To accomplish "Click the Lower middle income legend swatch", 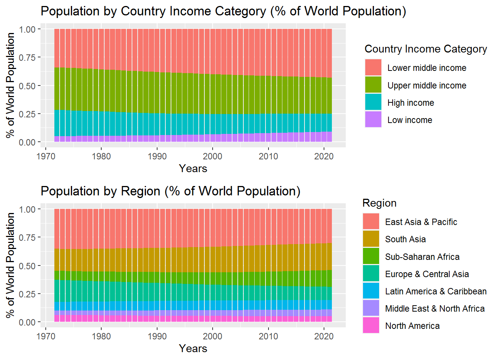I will click(x=373, y=67).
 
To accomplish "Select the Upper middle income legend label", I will click(x=427, y=85).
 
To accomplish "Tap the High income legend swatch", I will click(x=373, y=102).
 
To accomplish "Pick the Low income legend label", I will click(x=409, y=120).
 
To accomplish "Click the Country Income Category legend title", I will click(x=426, y=49).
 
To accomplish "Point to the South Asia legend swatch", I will click(x=371, y=239).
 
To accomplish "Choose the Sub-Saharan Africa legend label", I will click(x=422, y=257).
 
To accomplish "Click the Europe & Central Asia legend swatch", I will click(x=371, y=274).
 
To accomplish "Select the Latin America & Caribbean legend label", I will click(x=436, y=291).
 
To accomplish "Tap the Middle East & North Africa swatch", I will click(x=371, y=308).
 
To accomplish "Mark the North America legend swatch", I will click(x=371, y=325).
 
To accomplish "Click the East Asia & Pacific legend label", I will click(x=421, y=222).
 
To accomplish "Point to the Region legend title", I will click(x=379, y=203).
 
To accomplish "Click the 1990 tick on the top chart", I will click(x=157, y=156).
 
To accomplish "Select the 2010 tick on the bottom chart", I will click(x=268, y=336).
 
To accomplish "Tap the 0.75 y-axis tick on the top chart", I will click(x=27, y=57).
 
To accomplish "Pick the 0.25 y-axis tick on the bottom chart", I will click(x=27, y=294).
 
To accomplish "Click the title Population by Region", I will click(x=171, y=191).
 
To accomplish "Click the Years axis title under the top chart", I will click(x=193, y=169).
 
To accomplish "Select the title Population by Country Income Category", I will click(x=223, y=11).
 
